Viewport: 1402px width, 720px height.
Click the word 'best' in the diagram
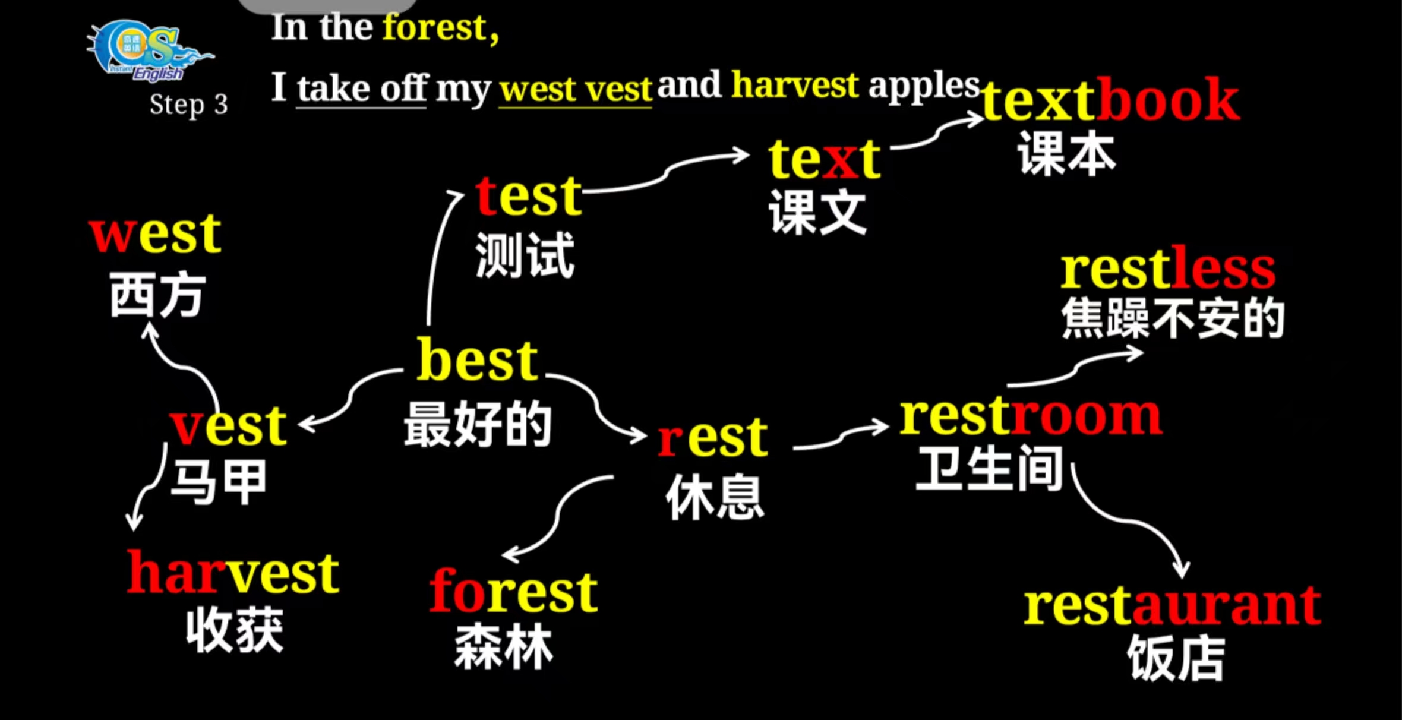pos(477,360)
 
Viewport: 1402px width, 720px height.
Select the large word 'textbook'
pos(1110,100)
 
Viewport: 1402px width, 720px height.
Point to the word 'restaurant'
pos(1172,606)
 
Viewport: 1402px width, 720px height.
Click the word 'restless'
pos(1168,269)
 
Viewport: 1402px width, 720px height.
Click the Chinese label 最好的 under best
pos(478,424)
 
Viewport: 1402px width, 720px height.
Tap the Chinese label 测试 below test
pos(525,255)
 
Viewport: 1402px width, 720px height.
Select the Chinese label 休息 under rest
pos(715,498)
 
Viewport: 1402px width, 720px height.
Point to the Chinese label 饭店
pos(1176,658)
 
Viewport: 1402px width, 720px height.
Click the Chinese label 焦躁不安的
pos(1173,318)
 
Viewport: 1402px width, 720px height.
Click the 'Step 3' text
pos(188,105)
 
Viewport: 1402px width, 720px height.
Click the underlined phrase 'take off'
pos(362,89)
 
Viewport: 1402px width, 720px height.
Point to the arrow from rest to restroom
pos(841,438)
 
